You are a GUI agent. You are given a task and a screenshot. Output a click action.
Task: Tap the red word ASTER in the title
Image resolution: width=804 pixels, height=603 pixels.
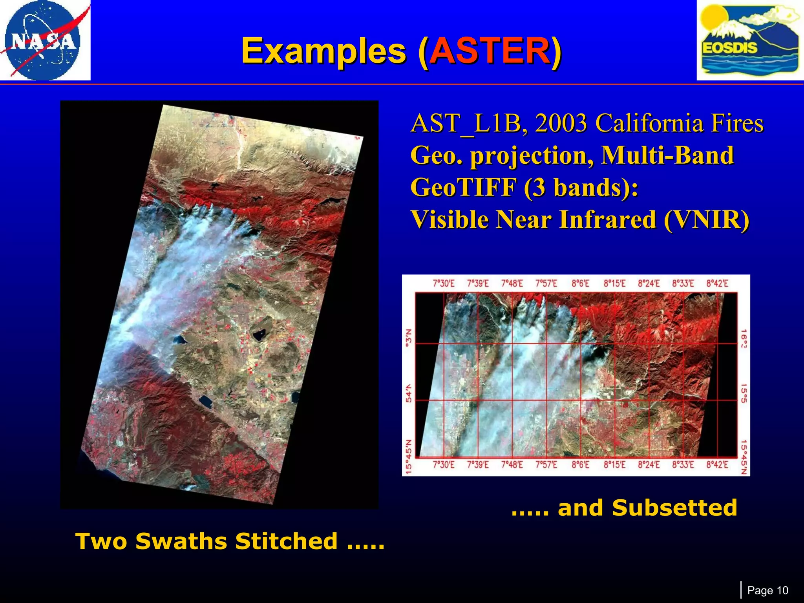click(489, 51)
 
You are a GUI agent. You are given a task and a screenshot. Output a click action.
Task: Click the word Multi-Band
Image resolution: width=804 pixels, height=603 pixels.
click(667, 155)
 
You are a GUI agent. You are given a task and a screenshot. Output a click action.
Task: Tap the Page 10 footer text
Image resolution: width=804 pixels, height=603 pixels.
click(767, 590)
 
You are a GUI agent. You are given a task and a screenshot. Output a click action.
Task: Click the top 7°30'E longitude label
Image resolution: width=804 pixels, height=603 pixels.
click(443, 284)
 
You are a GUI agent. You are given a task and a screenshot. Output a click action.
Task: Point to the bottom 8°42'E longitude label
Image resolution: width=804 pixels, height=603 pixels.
click(717, 465)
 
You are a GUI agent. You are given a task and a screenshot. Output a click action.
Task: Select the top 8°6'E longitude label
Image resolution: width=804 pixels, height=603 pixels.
click(580, 284)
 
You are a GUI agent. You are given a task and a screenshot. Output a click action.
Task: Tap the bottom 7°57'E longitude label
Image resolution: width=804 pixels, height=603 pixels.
click(546, 465)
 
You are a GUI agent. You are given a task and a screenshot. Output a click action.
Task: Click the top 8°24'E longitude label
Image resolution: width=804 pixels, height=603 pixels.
click(649, 284)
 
